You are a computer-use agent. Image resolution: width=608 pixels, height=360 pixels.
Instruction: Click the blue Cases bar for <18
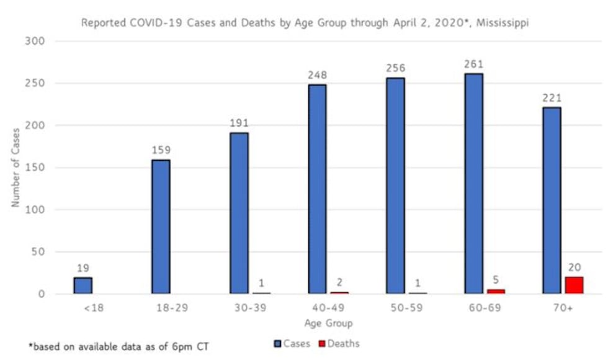point(83,286)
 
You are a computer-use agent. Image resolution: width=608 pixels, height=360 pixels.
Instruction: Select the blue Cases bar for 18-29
point(161,227)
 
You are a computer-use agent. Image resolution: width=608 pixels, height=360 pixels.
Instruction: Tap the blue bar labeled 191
point(239,213)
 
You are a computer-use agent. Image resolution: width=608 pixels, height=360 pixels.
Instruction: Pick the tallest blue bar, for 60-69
point(473,184)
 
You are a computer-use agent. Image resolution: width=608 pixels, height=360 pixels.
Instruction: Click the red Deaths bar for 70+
point(574,286)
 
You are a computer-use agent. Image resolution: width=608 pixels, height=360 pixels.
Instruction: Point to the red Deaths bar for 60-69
point(496,291)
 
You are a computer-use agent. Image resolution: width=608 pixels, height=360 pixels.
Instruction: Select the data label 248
point(317,75)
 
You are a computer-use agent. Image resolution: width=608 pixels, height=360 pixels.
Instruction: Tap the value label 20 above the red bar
point(574,268)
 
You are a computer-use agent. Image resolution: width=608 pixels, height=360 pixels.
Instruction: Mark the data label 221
point(552,97)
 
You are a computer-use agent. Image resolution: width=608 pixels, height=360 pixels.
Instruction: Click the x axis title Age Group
point(328,323)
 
